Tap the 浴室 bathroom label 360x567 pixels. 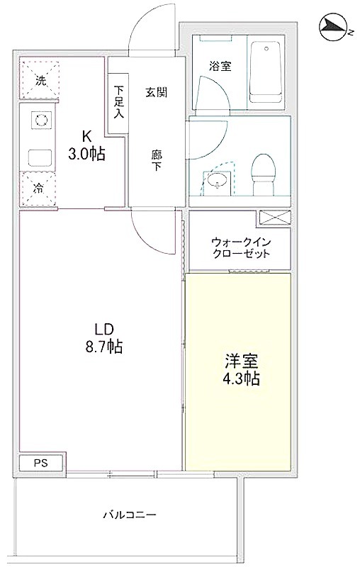click(x=220, y=66)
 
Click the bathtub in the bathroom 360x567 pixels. click(x=266, y=73)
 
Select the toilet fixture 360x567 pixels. click(x=264, y=174)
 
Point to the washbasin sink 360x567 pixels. click(x=218, y=180)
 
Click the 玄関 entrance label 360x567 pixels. click(x=157, y=92)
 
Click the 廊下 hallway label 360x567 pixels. click(x=157, y=160)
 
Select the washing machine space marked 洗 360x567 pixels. click(x=39, y=79)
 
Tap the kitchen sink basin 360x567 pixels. click(x=40, y=157)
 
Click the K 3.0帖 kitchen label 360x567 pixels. click(x=86, y=146)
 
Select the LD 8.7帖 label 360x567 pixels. click(x=104, y=338)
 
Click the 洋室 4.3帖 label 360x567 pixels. click(x=242, y=369)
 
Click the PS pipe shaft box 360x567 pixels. click(x=41, y=464)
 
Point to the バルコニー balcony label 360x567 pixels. click(x=130, y=515)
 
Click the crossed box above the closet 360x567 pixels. click(x=275, y=218)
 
